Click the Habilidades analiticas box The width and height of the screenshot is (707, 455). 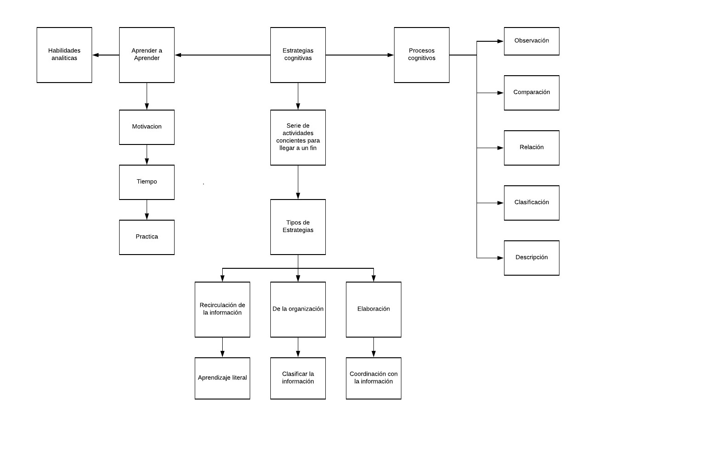click(65, 55)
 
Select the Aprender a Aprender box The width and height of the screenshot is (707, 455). click(147, 55)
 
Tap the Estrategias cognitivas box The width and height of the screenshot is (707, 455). click(298, 55)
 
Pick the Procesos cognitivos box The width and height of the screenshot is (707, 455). click(422, 55)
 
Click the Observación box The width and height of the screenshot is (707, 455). click(532, 41)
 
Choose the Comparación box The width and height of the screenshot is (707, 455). click(532, 93)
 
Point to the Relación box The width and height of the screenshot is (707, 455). click(532, 148)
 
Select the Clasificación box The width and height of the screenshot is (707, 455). click(532, 203)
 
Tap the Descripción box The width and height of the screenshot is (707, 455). click(532, 258)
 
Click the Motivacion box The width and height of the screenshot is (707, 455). click(147, 128)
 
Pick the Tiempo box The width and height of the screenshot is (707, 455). click(147, 182)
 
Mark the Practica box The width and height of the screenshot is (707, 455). click(147, 237)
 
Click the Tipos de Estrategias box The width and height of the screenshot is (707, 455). click(298, 227)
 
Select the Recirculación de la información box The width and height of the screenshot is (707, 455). click(223, 310)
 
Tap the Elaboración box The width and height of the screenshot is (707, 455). click(374, 310)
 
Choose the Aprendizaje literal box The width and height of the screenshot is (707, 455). click(223, 378)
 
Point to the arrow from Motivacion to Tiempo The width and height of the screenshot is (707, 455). click(147, 155)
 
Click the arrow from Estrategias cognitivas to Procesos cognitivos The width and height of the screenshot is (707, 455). click(360, 55)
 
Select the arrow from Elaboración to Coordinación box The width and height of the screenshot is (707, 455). click(374, 347)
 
